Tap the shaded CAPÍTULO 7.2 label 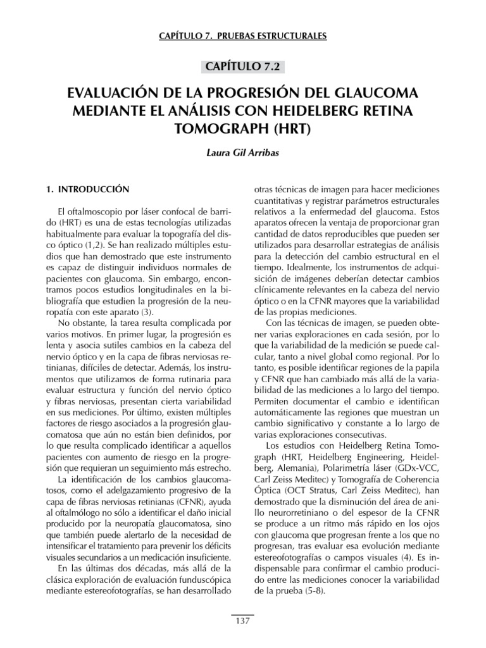click(242, 66)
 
